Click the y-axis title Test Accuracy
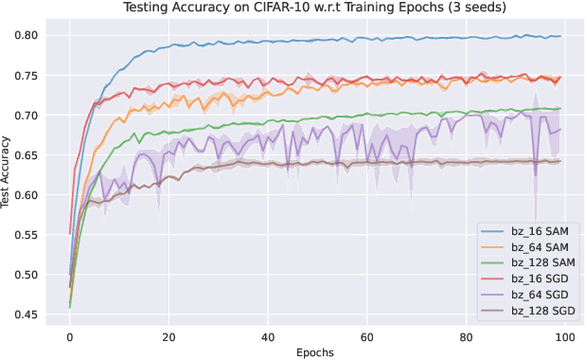[x=8, y=170]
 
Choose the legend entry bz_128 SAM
[x=540, y=262]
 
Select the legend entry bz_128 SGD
[x=540, y=310]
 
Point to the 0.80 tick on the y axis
[x=27, y=36]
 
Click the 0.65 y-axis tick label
[x=27, y=155]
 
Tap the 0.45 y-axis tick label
[x=27, y=315]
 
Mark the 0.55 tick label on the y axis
[x=27, y=236]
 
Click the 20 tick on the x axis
[x=168, y=336]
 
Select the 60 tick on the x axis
[x=366, y=336]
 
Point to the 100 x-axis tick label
[x=564, y=336]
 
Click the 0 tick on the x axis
[x=69, y=336]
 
